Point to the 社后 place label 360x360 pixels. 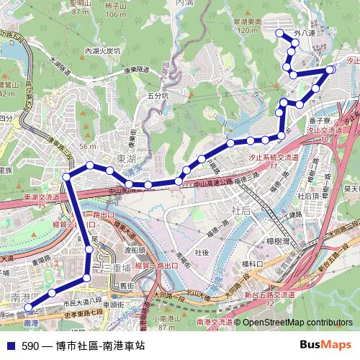click(241, 210)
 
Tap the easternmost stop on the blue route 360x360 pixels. click(330, 69)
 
